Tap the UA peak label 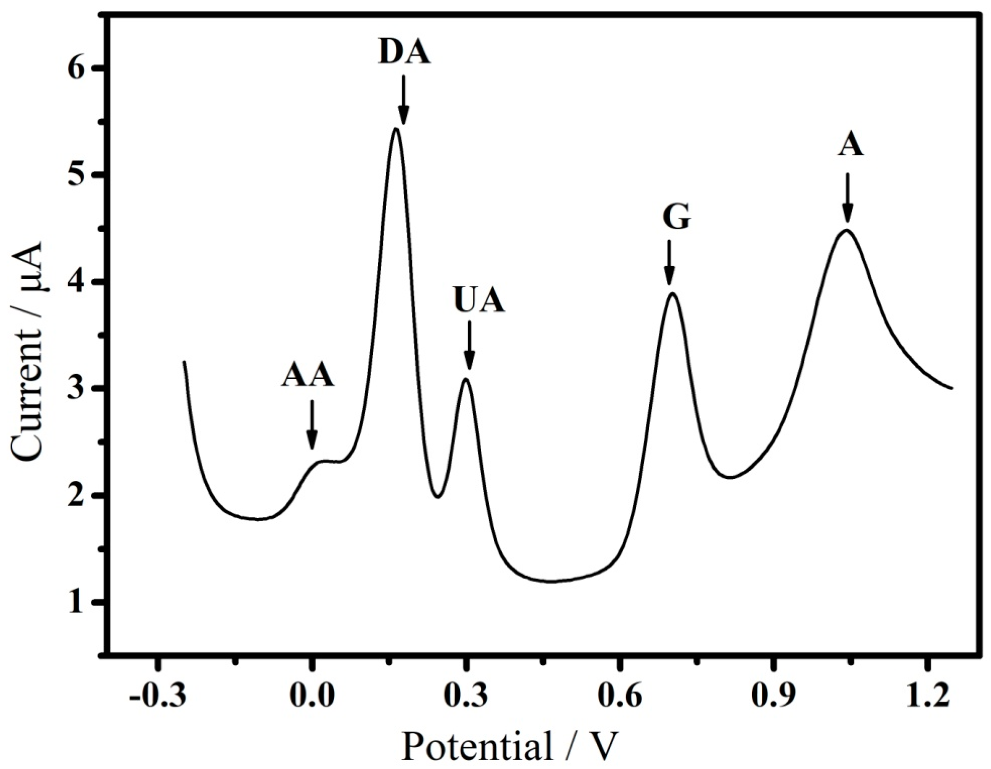click(x=479, y=301)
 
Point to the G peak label click(x=676, y=218)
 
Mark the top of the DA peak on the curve click(x=396, y=129)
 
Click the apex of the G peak click(x=673, y=293)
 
